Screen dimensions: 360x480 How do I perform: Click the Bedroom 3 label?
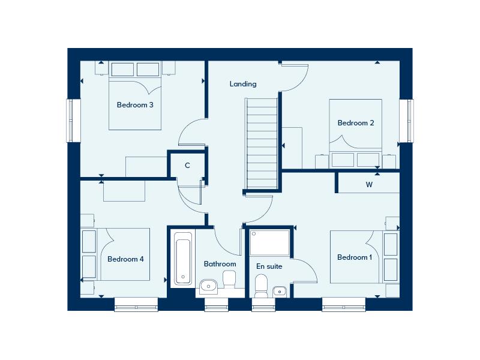click(x=135, y=105)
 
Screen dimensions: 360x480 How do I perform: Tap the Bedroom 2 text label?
click(x=356, y=123)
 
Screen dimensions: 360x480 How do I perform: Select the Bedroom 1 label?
click(x=355, y=257)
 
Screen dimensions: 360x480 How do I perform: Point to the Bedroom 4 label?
click(x=125, y=259)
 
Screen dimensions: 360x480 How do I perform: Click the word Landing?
click(x=243, y=84)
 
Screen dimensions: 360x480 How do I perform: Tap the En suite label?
click(x=269, y=266)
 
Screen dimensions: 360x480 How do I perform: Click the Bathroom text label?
click(x=220, y=264)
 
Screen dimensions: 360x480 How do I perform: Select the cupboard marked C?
click(x=187, y=166)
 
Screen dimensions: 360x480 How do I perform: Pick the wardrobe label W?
click(x=369, y=185)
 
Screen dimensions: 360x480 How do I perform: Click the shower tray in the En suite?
click(x=270, y=242)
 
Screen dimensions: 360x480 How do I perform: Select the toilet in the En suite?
click(x=261, y=286)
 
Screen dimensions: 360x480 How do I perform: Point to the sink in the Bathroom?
click(x=208, y=286)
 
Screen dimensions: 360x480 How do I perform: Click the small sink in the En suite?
click(x=280, y=292)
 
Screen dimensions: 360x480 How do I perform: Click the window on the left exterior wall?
click(x=73, y=121)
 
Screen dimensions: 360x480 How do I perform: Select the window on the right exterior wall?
click(x=407, y=121)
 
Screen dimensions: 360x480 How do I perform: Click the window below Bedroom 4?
click(x=137, y=305)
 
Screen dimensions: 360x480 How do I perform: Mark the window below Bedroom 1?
click(x=344, y=305)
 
